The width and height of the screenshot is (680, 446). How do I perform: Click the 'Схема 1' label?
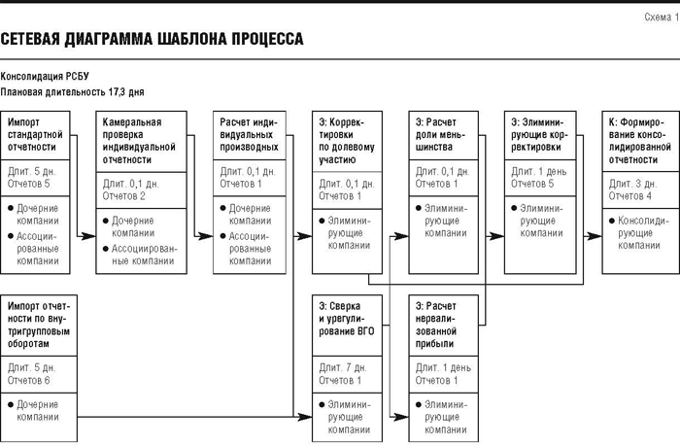(x=662, y=17)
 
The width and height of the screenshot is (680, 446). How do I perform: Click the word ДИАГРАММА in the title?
(x=110, y=39)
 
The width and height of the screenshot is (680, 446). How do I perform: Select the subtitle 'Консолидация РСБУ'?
(x=45, y=77)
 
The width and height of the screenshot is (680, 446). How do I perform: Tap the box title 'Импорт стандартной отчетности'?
(x=35, y=134)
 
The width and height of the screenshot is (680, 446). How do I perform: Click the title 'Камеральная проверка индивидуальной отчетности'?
(x=139, y=141)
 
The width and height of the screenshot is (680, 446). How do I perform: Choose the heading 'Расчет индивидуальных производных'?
(x=249, y=134)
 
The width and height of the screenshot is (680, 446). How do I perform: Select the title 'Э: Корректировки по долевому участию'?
(x=347, y=141)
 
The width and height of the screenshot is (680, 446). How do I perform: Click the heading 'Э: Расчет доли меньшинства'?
(x=440, y=134)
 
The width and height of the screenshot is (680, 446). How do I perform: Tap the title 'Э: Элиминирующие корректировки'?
(x=539, y=134)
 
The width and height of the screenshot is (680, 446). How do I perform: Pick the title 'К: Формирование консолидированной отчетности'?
(x=639, y=141)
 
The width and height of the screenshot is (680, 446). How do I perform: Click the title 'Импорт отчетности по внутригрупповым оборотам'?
(x=39, y=325)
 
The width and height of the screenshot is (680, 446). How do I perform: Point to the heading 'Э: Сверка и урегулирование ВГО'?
(x=347, y=319)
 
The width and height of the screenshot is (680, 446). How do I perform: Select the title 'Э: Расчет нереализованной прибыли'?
(x=436, y=325)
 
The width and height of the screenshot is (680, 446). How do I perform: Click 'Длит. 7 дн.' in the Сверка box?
(x=343, y=368)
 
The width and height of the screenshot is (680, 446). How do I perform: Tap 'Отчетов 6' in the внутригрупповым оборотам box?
(x=28, y=381)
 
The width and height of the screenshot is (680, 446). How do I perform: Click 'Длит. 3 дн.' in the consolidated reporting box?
(x=632, y=184)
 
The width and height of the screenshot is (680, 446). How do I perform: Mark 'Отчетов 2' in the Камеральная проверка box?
(x=124, y=196)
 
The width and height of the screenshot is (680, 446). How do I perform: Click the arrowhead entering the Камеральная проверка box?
(x=88, y=236)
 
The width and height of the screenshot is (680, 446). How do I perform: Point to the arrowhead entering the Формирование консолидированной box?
(x=595, y=236)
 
